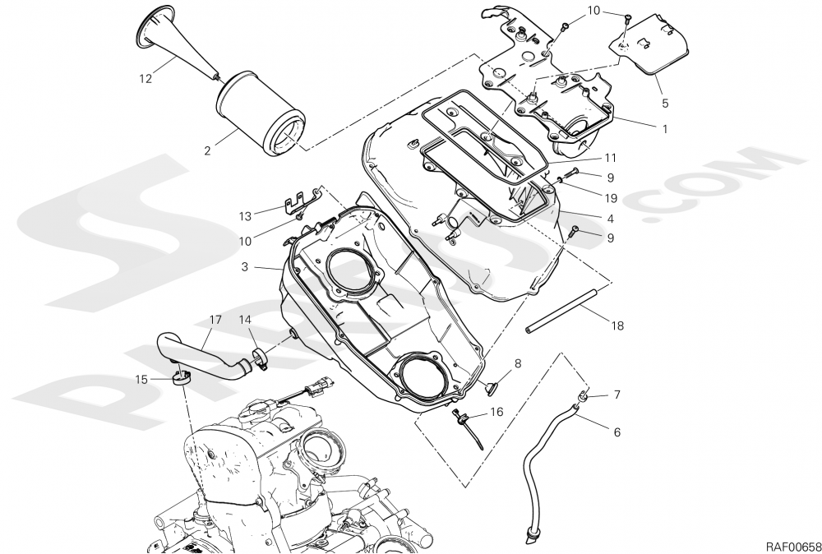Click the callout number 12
tap(145, 79)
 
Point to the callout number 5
tap(664, 104)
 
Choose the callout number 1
tap(664, 129)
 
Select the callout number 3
tap(246, 268)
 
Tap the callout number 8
tap(518, 362)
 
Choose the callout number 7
tap(616, 395)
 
